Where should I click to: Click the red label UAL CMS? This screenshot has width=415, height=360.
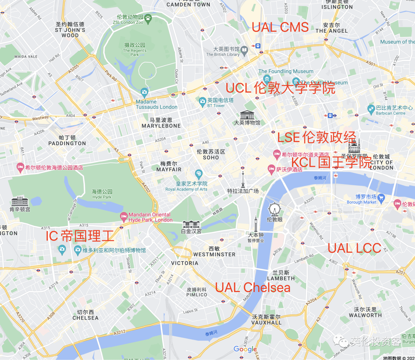280,27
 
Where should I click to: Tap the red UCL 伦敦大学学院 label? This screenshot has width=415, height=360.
280,88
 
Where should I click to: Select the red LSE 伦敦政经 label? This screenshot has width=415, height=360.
317,137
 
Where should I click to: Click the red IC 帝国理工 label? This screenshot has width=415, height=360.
80,236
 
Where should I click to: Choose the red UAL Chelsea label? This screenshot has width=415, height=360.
252,287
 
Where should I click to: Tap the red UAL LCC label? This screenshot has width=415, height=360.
354,248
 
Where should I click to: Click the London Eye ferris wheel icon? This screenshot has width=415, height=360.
274,209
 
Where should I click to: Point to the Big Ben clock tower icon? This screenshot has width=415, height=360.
256,224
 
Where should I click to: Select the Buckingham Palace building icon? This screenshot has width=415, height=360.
191,224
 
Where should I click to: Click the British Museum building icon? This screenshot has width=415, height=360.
247,114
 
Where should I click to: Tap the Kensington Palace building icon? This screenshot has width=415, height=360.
20,201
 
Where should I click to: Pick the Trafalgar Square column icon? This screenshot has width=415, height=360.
243,179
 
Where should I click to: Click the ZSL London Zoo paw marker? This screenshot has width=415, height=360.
148,17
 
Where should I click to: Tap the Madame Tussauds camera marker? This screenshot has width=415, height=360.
144,92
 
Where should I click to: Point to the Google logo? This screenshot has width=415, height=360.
245,349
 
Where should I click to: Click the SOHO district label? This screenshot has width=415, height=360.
211,158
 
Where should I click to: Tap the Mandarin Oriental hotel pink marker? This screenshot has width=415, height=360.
124,217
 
